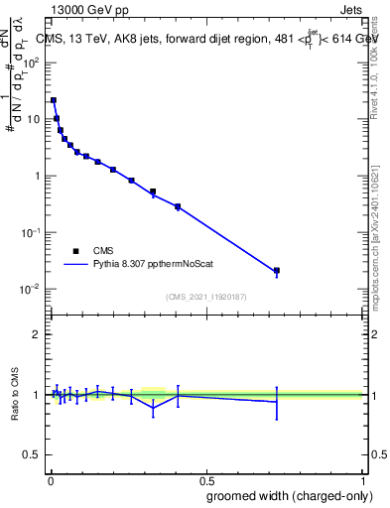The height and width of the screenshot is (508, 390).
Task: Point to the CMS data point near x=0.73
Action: (277, 270)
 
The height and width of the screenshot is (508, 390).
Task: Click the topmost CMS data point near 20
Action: (54, 100)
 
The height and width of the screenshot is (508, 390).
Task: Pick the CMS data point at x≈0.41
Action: (178, 206)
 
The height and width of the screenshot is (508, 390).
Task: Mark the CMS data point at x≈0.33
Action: (153, 191)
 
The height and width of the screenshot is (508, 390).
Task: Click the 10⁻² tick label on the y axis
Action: (32, 290)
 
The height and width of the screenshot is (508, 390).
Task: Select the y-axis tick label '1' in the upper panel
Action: (38, 176)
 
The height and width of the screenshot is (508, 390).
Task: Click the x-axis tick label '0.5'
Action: (205, 478)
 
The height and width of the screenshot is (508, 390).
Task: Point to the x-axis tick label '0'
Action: (50, 478)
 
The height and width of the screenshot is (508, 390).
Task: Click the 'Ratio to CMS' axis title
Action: (15, 395)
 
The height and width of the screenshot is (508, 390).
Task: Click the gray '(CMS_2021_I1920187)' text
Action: (206, 297)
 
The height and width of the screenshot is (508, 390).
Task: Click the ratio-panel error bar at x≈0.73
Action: (277, 402)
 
